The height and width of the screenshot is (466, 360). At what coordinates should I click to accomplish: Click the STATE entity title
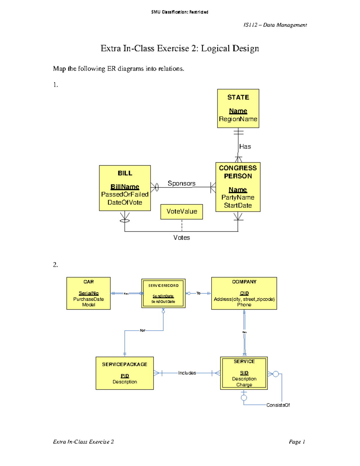coord(238,97)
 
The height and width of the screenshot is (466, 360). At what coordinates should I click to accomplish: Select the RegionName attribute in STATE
coord(238,119)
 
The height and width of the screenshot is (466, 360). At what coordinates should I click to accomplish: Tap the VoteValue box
coord(182,212)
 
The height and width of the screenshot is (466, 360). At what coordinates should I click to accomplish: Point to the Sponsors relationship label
coord(181,183)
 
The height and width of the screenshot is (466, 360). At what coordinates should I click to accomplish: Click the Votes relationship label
coord(181,238)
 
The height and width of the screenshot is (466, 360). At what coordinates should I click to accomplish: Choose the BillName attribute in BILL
coord(125,187)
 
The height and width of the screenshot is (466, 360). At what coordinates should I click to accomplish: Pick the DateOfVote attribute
coord(125,203)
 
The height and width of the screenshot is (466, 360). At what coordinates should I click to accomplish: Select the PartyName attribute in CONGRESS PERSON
coord(238,197)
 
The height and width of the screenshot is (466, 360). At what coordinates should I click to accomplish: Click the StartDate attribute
coord(238,206)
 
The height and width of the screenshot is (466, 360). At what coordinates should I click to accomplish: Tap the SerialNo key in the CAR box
coord(88,293)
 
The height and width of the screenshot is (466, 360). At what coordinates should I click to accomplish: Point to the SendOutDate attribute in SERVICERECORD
coord(163,302)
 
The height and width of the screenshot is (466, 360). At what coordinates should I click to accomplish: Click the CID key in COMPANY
coord(244,293)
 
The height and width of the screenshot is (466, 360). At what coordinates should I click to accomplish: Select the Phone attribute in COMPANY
coord(244,305)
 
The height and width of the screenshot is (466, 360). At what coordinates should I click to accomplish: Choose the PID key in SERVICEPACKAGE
coord(125,376)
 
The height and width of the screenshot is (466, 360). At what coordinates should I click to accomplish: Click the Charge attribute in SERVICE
coord(244,385)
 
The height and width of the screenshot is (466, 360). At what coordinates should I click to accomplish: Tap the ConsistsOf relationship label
coord(278,405)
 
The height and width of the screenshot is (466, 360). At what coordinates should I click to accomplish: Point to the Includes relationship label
coord(187,373)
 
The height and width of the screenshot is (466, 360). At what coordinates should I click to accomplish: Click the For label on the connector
coord(142,330)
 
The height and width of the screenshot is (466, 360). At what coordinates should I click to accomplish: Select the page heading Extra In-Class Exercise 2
coord(180,48)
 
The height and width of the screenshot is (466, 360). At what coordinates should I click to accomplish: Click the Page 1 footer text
coord(297,442)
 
